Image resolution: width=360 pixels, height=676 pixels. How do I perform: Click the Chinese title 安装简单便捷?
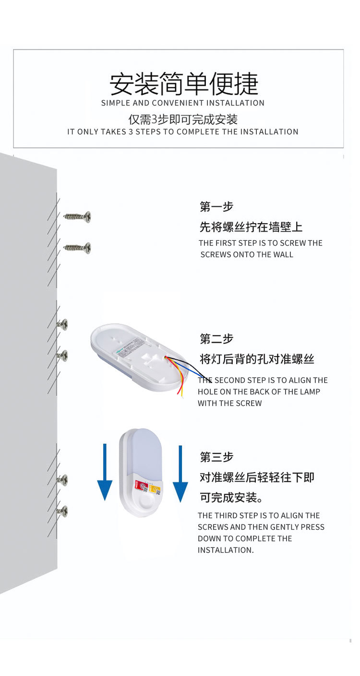point(183,84)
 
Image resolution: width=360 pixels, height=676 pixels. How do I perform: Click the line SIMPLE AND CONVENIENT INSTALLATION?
point(182,103)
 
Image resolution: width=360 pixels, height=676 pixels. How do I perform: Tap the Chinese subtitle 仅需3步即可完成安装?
point(183,119)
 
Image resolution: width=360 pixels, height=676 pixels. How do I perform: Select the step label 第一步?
point(216,207)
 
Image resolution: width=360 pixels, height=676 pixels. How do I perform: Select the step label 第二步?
point(216,339)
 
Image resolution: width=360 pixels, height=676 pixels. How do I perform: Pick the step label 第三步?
point(216,457)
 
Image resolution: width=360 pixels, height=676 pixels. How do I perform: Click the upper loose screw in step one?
point(78,216)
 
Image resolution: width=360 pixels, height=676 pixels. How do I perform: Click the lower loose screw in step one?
point(78,248)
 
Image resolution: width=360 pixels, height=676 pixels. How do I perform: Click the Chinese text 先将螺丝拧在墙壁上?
point(251,227)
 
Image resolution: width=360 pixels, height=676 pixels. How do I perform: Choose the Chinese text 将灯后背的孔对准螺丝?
point(257,359)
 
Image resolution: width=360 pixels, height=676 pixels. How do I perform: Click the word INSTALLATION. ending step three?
point(226,550)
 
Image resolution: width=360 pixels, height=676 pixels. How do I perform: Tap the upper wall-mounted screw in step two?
point(62,324)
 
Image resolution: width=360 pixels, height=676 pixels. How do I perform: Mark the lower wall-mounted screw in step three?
point(62,511)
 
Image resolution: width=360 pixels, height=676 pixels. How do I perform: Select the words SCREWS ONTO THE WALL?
point(247,255)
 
